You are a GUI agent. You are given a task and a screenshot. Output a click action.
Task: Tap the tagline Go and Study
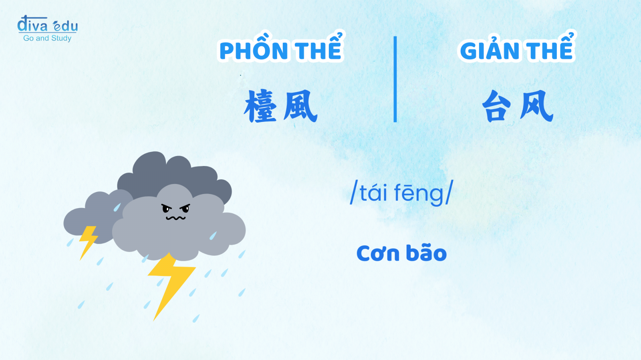pos(47,38)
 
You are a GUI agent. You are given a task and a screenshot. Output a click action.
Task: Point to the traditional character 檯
pos(261,106)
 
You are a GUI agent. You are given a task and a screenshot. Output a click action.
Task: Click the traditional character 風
pos(300,106)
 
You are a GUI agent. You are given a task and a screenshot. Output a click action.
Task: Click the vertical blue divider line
pos(395,79)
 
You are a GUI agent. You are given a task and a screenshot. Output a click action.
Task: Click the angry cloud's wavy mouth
pos(176,218)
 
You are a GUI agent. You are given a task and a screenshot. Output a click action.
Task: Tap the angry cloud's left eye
pos(166,208)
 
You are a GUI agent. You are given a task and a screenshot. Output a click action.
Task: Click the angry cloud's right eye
pos(185,208)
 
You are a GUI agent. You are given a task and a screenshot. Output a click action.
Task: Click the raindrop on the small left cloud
pos(117,207)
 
